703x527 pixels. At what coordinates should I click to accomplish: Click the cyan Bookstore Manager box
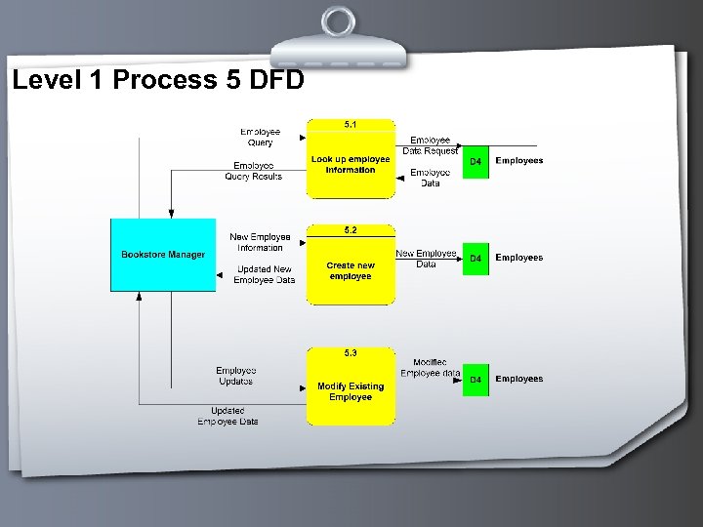tap(163, 255)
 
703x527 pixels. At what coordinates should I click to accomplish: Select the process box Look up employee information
tap(351, 165)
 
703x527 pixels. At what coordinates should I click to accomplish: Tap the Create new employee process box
tap(351, 270)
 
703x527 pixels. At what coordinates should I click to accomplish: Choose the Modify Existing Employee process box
tap(351, 391)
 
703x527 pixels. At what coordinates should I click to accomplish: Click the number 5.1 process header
tap(351, 124)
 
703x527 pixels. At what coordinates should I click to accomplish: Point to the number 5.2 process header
tap(351, 230)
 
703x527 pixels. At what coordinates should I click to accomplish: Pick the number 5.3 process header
tap(351, 352)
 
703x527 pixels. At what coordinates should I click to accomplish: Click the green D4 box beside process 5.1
tap(476, 161)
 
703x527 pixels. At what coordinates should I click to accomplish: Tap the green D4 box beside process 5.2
tap(476, 259)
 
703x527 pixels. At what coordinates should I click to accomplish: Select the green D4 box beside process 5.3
tap(476, 380)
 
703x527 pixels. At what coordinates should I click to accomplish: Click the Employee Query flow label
tap(260, 137)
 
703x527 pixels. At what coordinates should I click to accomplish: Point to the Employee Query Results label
tap(253, 171)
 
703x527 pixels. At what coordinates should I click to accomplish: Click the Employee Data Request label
tap(430, 145)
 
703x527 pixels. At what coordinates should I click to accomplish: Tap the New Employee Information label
tap(260, 242)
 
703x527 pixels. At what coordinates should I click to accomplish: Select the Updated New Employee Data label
tap(264, 274)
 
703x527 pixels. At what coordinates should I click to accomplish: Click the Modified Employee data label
tap(430, 368)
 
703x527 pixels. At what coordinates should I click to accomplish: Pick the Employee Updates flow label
tap(235, 376)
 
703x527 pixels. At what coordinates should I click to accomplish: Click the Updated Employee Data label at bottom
tap(227, 416)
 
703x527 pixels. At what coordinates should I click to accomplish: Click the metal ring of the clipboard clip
tap(340, 21)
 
